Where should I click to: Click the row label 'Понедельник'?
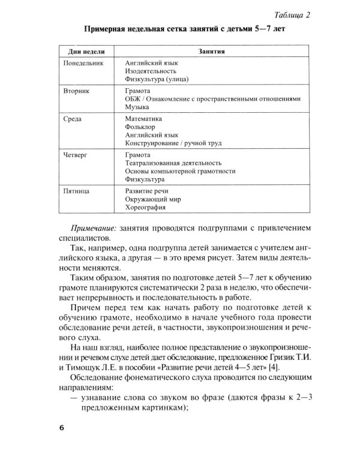84,62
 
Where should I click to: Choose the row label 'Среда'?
73,119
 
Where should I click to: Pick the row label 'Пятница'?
77,190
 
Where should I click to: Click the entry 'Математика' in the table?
145,119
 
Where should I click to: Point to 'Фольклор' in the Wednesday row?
141,128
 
